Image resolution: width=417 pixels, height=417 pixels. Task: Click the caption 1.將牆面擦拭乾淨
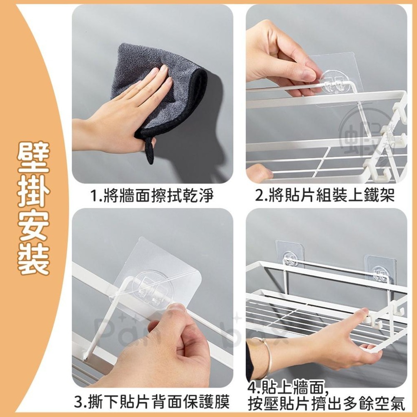[x=152, y=195]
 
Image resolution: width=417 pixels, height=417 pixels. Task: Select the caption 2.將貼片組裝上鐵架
[x=325, y=195]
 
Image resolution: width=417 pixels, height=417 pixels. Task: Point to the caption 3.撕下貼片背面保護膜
[x=152, y=403]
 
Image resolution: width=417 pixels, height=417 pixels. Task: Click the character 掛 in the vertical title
[x=33, y=193]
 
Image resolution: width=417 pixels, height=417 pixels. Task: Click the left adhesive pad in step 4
[x=290, y=254]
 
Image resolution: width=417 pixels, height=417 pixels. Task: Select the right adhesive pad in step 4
[x=380, y=269]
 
